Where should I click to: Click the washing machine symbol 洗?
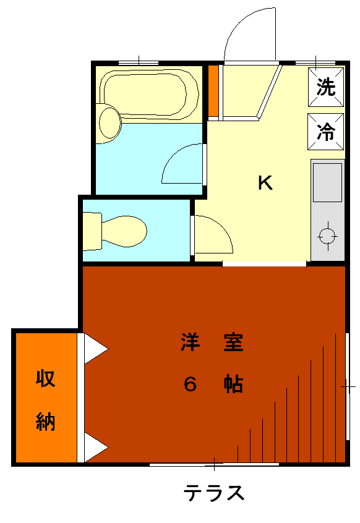(x=325, y=87)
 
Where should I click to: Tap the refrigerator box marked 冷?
(x=325, y=132)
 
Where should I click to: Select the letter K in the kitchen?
(x=265, y=182)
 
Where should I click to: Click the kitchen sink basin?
(x=327, y=182)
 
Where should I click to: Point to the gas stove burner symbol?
(x=327, y=237)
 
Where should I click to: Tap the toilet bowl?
(x=124, y=231)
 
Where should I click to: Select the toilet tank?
(x=92, y=231)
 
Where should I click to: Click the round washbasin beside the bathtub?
(x=109, y=122)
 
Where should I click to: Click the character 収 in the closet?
(x=45, y=378)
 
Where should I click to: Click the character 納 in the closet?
(x=45, y=421)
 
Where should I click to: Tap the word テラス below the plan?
(x=214, y=493)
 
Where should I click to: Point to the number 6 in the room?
(x=190, y=384)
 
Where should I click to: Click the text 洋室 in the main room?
(x=212, y=342)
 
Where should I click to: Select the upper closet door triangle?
(x=96, y=349)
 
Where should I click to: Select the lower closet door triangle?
(x=96, y=448)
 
